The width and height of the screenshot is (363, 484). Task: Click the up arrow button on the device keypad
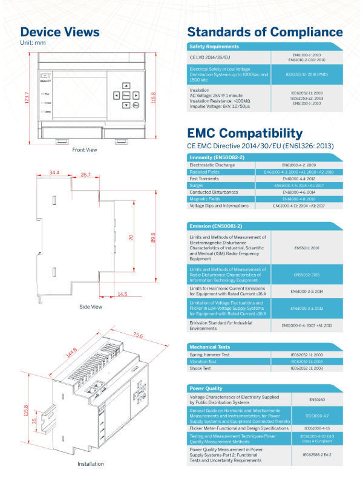pos(126,86)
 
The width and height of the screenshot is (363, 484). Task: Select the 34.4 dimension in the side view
pos(54,174)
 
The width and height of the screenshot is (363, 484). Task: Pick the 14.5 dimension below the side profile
pos(122,294)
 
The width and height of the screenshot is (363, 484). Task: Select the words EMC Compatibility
pos(245,133)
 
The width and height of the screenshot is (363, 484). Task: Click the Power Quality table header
pos(206,388)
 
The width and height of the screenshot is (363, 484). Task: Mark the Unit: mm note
pos(33,42)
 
